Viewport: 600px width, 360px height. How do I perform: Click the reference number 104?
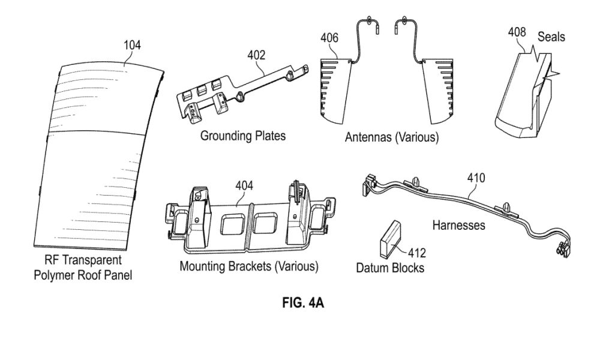click(x=132, y=45)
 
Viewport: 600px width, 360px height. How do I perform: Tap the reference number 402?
click(x=256, y=55)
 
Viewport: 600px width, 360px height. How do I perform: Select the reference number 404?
click(x=244, y=185)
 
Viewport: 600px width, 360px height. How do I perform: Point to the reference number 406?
click(x=329, y=37)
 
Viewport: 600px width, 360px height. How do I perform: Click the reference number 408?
click(x=517, y=32)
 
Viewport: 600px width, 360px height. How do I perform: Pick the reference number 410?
click(x=476, y=178)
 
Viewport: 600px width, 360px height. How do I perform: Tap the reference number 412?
click(x=416, y=253)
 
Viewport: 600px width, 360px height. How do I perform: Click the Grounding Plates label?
click(x=243, y=136)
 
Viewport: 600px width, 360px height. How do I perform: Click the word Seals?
click(x=551, y=37)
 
